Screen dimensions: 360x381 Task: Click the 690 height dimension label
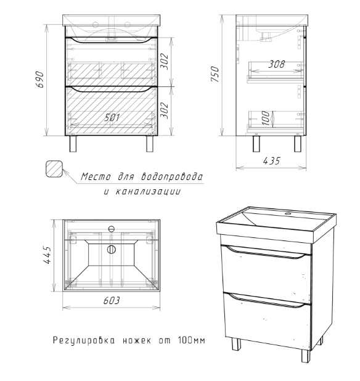[39, 79]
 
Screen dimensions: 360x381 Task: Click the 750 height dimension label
[215, 74]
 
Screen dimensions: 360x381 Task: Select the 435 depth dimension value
[272, 161]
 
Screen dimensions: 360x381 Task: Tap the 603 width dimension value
[112, 301]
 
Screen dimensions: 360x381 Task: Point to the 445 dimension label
[47, 255]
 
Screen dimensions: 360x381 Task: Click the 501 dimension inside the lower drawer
[112, 118]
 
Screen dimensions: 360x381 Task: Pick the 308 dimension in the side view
[277, 64]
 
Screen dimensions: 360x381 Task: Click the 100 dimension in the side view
[266, 118]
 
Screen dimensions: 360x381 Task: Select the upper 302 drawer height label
[165, 61]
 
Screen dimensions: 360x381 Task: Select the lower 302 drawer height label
[165, 110]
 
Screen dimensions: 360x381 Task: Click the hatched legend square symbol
[54, 168]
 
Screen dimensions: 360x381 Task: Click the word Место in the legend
[96, 177]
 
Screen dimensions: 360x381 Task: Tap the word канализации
[148, 192]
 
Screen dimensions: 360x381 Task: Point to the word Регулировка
[84, 340]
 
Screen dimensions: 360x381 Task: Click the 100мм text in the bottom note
[192, 340]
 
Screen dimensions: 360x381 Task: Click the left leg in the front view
[73, 144]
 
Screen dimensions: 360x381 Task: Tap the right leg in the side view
[298, 144]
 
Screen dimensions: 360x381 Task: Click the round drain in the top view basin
[111, 250]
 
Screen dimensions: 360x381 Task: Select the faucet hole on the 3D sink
[288, 213]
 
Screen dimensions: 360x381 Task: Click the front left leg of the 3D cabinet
[236, 344]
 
